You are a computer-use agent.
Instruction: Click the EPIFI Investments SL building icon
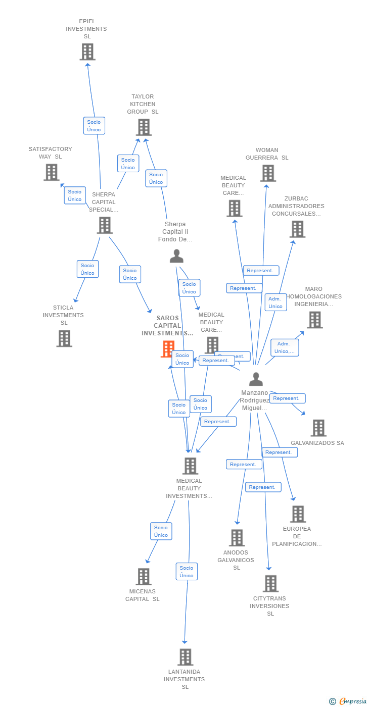87,52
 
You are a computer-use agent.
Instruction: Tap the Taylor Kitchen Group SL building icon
144,127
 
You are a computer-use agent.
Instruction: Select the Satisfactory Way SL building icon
52,172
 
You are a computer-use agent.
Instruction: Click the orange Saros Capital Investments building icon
167,349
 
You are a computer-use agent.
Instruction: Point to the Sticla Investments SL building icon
64,338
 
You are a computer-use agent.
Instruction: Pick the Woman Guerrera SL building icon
268,173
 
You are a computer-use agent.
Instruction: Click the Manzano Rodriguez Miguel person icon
256,379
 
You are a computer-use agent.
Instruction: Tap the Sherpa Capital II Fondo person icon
176,256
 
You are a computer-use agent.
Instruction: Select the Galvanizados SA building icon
318,428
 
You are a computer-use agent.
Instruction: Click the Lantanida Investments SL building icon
186,657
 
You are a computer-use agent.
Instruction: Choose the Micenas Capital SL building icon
144,577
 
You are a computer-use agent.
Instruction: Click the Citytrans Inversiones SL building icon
270,584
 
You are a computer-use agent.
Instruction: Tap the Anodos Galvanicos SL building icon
237,538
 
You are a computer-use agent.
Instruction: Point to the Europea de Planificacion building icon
298,514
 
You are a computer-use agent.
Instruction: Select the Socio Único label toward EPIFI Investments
94,126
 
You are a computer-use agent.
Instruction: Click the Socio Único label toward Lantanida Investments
187,572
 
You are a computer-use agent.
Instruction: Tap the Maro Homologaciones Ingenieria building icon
314,320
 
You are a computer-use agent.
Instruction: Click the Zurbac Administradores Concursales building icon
297,229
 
